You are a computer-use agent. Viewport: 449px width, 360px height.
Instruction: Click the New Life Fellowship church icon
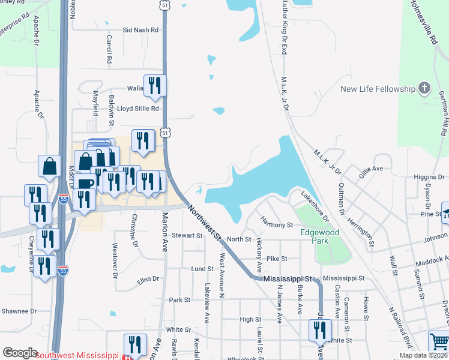pyautogui.click(x=424, y=89)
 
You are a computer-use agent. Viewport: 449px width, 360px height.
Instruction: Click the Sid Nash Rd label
pyautogui.click(x=140, y=29)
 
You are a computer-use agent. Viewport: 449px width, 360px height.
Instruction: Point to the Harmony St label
pyautogui.click(x=276, y=224)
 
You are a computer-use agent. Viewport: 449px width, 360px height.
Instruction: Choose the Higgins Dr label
pyautogui.click(x=429, y=177)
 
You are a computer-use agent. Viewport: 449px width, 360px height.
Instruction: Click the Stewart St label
pyautogui.click(x=187, y=236)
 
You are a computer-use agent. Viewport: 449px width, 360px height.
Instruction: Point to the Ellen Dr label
pyautogui.click(x=148, y=279)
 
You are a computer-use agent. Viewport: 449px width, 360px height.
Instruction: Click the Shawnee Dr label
pyautogui.click(x=19, y=311)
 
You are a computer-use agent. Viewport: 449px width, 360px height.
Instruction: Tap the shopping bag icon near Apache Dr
pyautogui.click(x=49, y=167)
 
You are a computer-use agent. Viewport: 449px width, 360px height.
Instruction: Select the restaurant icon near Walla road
pyautogui.click(x=155, y=86)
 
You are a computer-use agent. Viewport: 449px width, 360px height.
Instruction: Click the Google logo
pyautogui.click(x=19, y=353)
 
